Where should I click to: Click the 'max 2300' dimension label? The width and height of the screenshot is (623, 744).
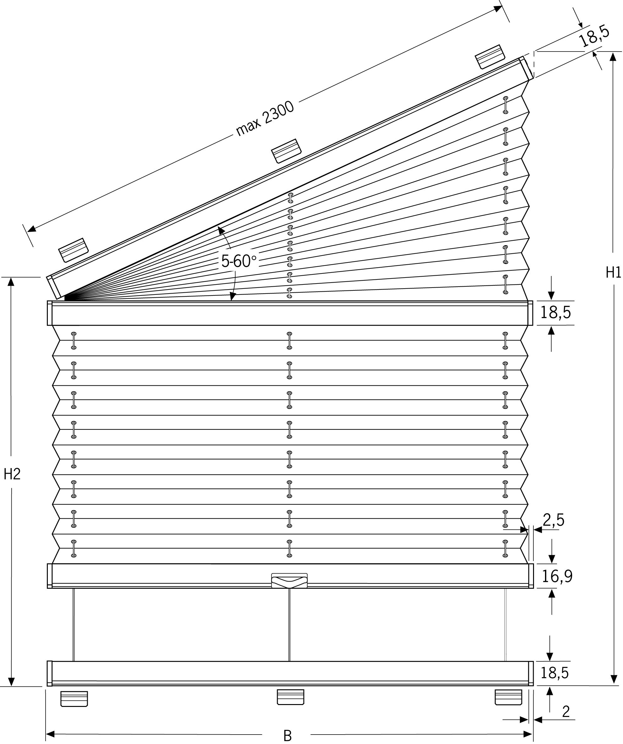(265, 118)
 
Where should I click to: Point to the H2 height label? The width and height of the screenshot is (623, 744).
(12, 474)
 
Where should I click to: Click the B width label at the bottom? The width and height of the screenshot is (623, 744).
(287, 736)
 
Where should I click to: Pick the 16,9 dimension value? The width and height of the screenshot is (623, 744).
(557, 577)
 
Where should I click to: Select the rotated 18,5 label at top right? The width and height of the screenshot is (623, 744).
(594, 36)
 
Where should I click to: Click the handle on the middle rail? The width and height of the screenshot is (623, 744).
(289, 580)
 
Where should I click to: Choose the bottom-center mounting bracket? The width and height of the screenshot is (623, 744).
(290, 697)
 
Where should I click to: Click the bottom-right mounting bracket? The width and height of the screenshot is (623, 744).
(508, 697)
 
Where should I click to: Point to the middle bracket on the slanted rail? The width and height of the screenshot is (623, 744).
(286, 151)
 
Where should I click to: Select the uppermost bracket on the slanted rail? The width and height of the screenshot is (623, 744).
(490, 57)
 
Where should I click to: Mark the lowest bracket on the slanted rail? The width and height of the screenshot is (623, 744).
(73, 250)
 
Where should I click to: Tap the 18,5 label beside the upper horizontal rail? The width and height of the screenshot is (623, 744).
(555, 312)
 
